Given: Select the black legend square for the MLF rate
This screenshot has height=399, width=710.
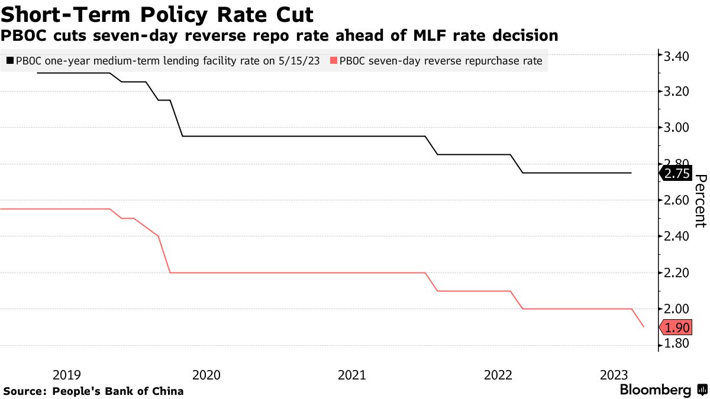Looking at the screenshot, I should pos(10,60).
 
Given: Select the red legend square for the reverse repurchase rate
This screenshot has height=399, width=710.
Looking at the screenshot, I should pos(334,60).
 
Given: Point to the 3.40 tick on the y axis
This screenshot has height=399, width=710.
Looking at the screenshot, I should pos(676,57).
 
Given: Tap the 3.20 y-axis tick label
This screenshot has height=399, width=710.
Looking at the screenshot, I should pos(676,92).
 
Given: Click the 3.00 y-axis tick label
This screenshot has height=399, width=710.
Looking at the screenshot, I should pos(676,128).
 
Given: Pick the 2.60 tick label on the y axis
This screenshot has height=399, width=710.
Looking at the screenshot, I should pos(676,200).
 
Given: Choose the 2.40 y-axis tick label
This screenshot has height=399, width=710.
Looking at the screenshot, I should pos(676,236).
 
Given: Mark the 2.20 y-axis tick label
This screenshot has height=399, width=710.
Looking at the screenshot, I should pos(676,273).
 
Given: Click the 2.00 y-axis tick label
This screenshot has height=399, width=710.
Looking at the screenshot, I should pos(676,309).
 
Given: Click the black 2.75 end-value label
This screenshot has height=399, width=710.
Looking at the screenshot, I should pos(677,173).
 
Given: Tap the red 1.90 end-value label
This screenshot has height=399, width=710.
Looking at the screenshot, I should pos(677,327).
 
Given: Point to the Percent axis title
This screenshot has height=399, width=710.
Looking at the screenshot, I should pos(701,201).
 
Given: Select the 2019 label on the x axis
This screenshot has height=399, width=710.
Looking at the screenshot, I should pos(66,375).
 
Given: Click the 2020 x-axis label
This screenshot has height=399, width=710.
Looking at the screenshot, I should pos(207,375).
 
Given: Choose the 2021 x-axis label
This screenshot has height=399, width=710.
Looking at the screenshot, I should pos(352,375).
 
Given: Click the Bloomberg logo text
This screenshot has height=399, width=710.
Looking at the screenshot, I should pos(655,390).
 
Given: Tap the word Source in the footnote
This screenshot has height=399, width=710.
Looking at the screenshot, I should pos(24,391).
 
